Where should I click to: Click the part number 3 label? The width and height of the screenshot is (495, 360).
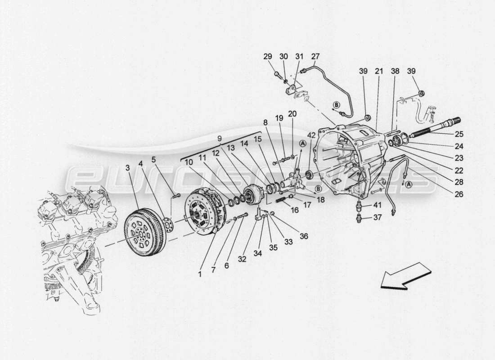click(x=128, y=168)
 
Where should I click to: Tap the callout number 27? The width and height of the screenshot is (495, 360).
click(x=315, y=57)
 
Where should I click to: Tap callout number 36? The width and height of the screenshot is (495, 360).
click(x=304, y=237)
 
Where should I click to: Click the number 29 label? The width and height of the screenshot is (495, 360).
click(x=268, y=57)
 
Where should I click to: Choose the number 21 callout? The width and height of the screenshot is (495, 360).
click(x=378, y=72)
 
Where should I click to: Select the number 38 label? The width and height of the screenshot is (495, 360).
click(x=395, y=72)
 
